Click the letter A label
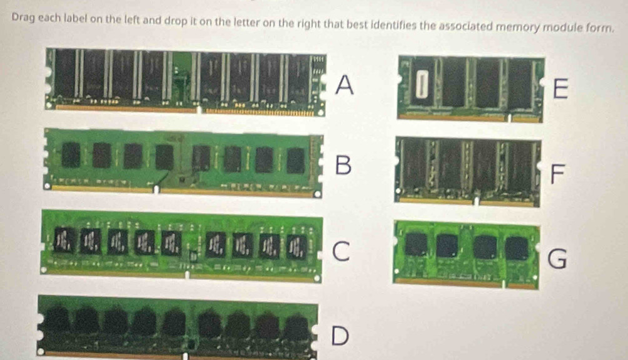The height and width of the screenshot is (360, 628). click(345, 85)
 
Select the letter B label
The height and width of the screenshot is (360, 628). click(343, 165)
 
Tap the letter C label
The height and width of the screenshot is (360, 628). click(341, 251)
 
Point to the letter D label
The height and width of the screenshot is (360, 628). click(340, 335)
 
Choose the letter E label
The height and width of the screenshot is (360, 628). click(560, 88)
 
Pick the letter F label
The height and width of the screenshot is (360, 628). click(557, 174)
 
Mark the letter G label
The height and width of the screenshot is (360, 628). click(557, 259)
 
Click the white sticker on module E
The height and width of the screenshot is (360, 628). click(420, 84)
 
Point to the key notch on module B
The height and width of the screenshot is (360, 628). click(157, 189)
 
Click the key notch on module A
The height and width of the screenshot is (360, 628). click(199, 109)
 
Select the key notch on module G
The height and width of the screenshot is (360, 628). click(505, 284)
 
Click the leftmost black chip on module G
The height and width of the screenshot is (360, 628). click(416, 244)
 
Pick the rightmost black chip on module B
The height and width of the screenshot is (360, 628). click(296, 161)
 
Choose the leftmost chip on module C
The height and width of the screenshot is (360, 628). click(64, 240)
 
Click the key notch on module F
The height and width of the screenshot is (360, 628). click(476, 201)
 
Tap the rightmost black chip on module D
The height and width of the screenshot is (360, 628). click(296, 328)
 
